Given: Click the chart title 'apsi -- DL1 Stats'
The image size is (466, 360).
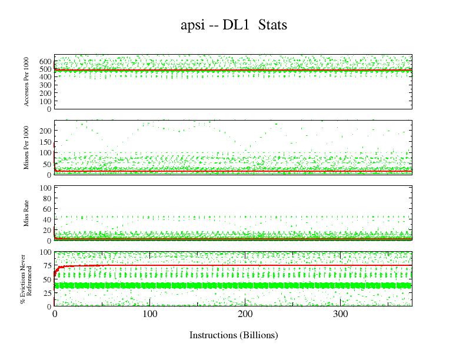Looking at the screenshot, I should click(234, 26).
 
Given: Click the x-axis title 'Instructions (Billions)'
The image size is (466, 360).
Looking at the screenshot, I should click(234, 335).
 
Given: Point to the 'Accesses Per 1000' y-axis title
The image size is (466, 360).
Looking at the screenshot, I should click(27, 82).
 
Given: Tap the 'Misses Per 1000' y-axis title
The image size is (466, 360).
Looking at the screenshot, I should click(27, 147).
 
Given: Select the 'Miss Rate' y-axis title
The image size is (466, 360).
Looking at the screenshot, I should click(27, 214).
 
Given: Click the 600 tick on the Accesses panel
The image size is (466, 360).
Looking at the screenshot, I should click(45, 61).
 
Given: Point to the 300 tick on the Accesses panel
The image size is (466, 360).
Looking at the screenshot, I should click(45, 85).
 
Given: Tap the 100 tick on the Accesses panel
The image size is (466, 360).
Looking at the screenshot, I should click(45, 101).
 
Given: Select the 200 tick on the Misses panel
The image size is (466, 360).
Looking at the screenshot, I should click(45, 131).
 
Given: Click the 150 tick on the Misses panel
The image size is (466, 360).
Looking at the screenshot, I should click(45, 142).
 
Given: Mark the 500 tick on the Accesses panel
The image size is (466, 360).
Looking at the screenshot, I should click(45, 69).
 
